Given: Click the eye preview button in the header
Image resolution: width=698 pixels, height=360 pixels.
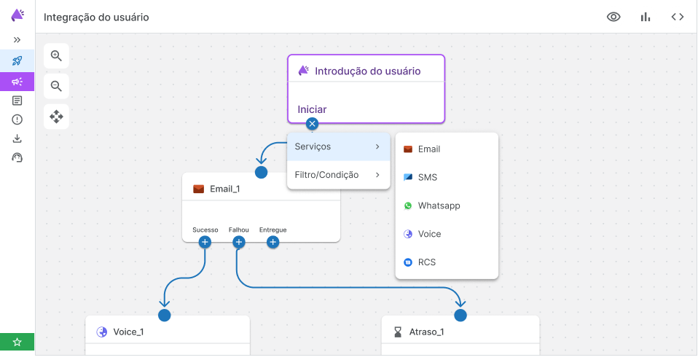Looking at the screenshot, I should point(614,17).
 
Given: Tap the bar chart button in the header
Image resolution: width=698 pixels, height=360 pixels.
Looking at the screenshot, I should point(646,17).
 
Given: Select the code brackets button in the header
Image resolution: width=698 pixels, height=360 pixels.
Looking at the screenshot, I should point(677,17).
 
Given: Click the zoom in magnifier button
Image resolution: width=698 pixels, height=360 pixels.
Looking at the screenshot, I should point(56,55).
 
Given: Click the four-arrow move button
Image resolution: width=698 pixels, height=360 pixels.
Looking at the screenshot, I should point(56,115).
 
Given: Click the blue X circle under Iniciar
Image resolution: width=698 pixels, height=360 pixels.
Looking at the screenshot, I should point(313,123).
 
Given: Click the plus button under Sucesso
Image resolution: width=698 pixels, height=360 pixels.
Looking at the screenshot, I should point(205,242).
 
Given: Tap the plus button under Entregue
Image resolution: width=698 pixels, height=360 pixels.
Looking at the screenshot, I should point(272,242).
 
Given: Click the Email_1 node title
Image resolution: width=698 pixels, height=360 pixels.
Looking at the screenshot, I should point(224,189).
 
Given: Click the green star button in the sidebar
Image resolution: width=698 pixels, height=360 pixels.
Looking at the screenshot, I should point(17,342).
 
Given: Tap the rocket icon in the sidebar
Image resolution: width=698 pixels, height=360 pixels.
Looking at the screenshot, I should point(17,60).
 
